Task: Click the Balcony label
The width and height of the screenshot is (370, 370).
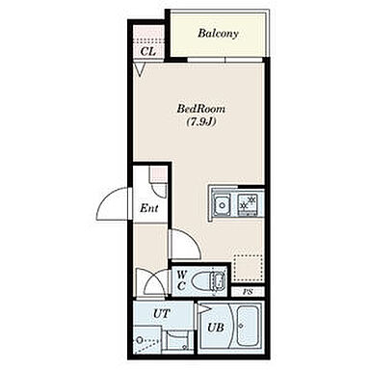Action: pyautogui.click(x=218, y=34)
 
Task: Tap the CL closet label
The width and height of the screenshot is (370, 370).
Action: pyautogui.click(x=148, y=51)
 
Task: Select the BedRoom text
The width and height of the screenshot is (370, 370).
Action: pyautogui.click(x=201, y=109)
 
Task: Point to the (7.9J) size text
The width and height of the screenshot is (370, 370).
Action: pyautogui.click(x=201, y=122)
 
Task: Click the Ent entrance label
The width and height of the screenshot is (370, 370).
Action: pyautogui.click(x=149, y=208)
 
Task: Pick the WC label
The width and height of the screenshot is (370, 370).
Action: pyautogui.click(x=181, y=279)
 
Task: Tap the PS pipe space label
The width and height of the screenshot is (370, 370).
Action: pyautogui.click(x=248, y=292)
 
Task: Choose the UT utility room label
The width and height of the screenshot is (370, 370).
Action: pyautogui.click(x=162, y=313)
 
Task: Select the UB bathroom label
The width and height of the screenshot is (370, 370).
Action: pyautogui.click(x=216, y=328)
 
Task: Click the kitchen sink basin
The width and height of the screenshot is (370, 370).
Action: pyautogui.click(x=223, y=204)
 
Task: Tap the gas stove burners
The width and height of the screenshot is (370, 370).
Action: pyautogui.click(x=248, y=202)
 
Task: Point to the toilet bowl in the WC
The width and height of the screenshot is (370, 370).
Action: pyautogui.click(x=209, y=280)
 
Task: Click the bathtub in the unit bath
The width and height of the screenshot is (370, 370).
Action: pyautogui.click(x=248, y=326)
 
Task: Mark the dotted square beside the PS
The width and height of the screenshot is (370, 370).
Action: pyautogui.click(x=249, y=270)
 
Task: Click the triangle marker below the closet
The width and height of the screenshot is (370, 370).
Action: pyautogui.click(x=140, y=69)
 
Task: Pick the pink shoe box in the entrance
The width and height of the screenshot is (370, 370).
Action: pyautogui.click(x=158, y=175)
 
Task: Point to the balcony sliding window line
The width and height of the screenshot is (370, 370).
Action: pyautogui.click(x=225, y=60)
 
